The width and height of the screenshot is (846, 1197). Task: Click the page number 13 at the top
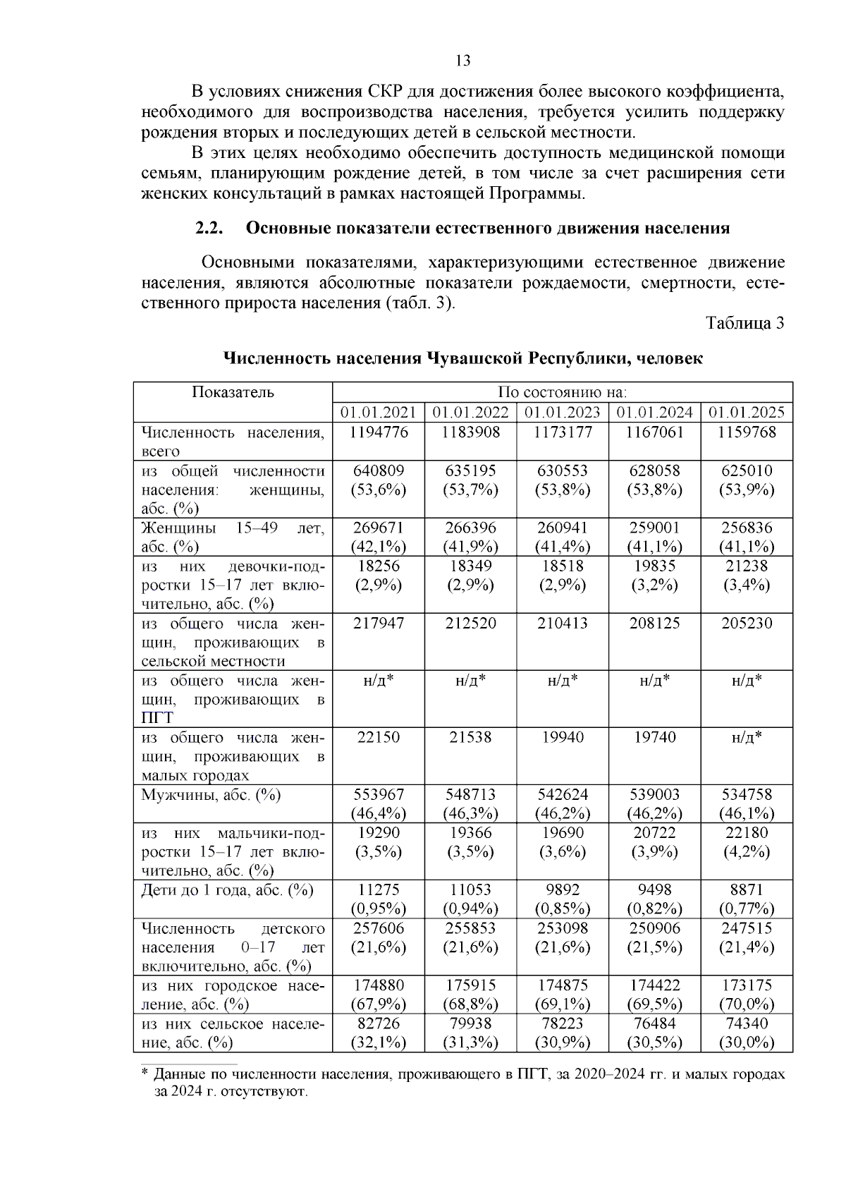(x=463, y=61)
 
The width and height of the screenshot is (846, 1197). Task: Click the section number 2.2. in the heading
(x=209, y=229)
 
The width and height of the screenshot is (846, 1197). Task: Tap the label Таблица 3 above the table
(x=745, y=323)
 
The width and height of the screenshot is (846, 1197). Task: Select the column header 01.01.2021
(x=379, y=413)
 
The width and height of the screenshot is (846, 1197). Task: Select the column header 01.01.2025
(x=746, y=413)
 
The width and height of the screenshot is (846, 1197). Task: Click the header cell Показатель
(x=233, y=392)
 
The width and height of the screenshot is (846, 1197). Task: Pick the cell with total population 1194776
(x=379, y=432)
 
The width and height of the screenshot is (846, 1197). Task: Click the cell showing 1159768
(x=746, y=432)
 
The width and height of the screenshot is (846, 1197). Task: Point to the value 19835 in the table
(x=654, y=566)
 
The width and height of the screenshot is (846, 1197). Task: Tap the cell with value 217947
(x=379, y=624)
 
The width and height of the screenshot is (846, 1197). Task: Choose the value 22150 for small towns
(x=379, y=738)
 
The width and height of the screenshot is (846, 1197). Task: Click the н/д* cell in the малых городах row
(x=746, y=738)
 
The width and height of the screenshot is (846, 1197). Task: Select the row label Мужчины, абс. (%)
(x=211, y=795)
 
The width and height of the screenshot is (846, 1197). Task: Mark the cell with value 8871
(x=746, y=890)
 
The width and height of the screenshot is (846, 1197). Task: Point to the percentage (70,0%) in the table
(x=746, y=1004)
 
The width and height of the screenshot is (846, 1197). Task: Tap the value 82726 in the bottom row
(x=379, y=1023)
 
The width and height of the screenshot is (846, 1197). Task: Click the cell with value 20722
(x=654, y=833)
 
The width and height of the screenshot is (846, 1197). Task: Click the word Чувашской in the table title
(x=473, y=358)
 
